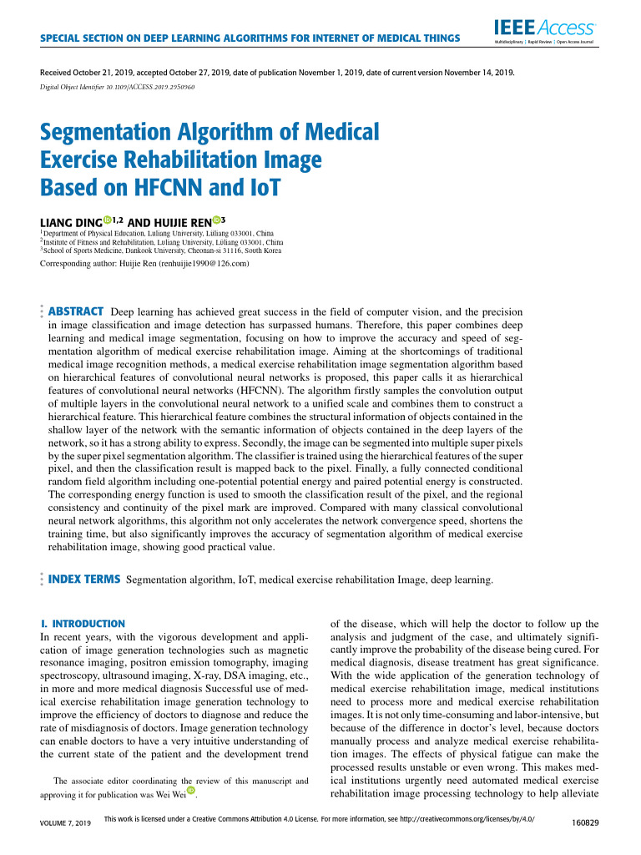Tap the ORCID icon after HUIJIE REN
click(x=217, y=220)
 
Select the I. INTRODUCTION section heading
click(x=83, y=624)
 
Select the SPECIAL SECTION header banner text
click(x=250, y=38)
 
